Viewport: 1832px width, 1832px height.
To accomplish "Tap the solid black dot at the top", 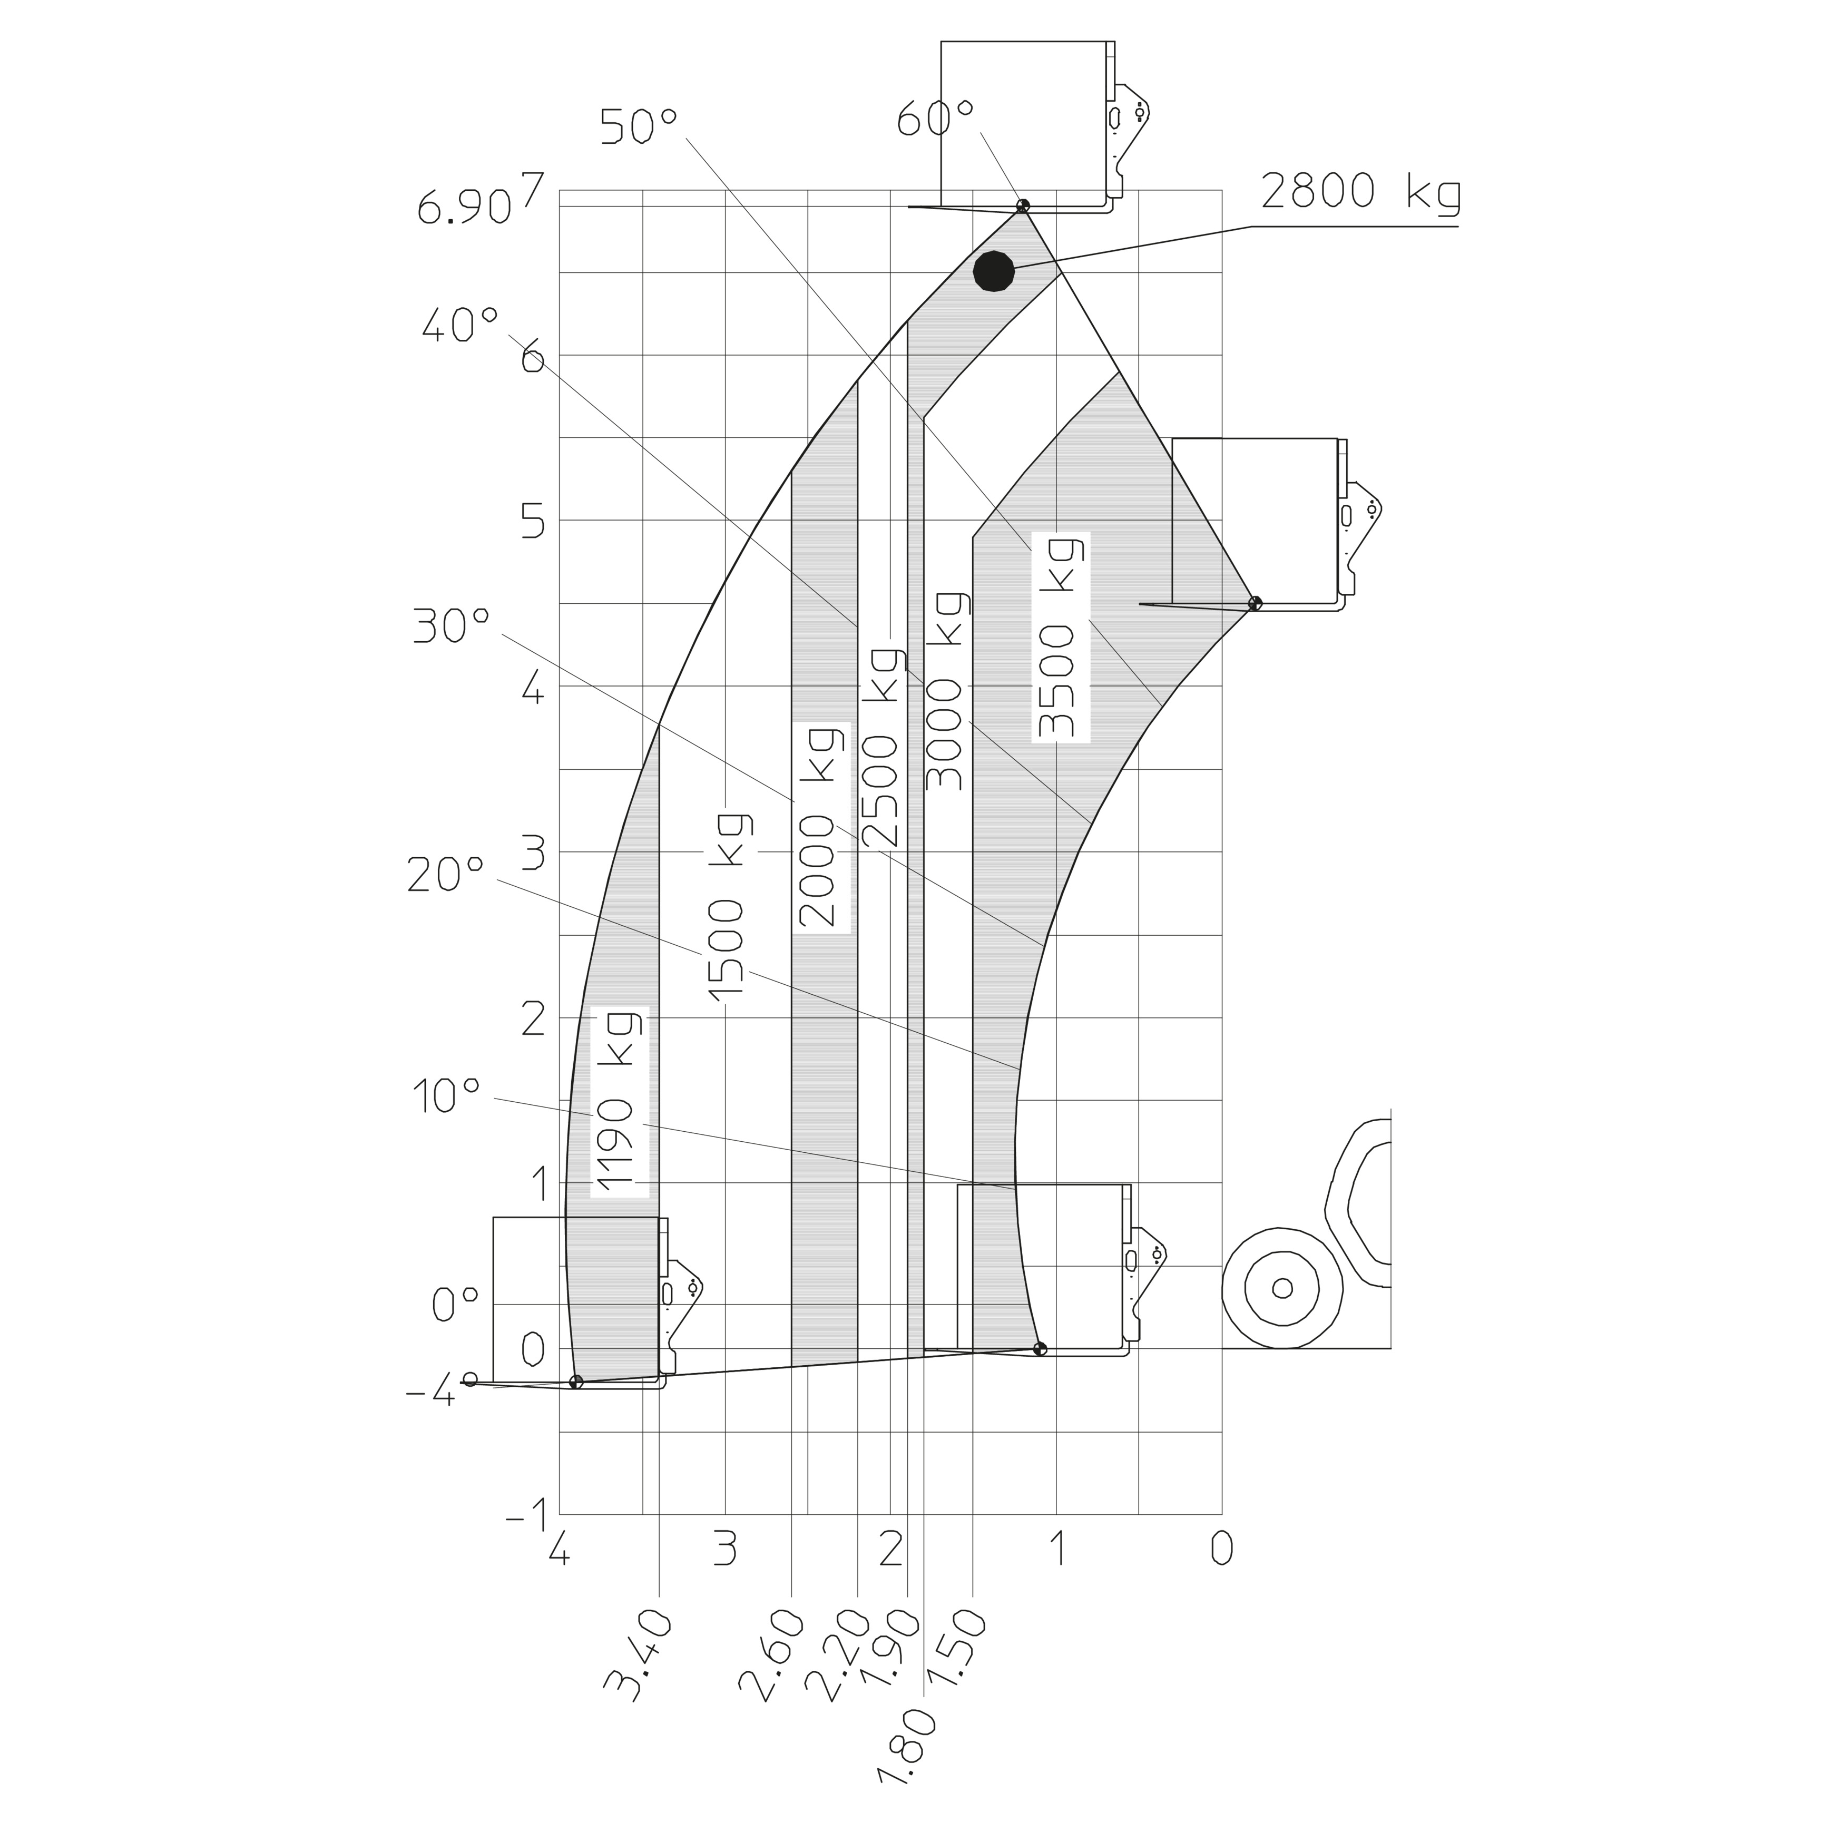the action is click(994, 271).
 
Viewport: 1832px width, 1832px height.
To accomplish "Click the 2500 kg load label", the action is click(882, 746).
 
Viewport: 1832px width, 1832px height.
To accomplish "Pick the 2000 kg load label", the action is click(821, 826).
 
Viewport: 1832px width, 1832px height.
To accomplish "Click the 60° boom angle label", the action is click(936, 121).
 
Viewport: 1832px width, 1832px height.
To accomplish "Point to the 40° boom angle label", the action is click(459, 327).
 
